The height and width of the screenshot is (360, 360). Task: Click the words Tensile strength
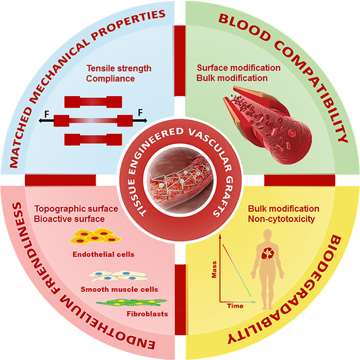coord(119,69)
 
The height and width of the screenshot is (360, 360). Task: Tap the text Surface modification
coord(239,68)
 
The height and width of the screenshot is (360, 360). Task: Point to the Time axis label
coord(232,306)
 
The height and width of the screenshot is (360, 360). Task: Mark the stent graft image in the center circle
coord(180,178)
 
